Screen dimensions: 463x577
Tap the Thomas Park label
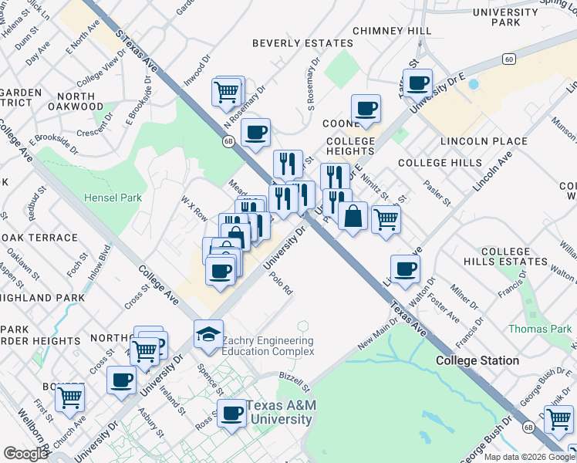[540, 330]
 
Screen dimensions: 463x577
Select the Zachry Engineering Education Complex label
[268, 346]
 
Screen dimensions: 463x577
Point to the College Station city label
[477, 360]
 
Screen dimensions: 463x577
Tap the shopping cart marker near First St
[70, 397]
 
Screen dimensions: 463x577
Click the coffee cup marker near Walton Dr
[405, 269]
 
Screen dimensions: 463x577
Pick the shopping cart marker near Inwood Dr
[227, 93]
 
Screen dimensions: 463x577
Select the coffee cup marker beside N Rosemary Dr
[255, 132]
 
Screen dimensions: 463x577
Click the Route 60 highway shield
[507, 59]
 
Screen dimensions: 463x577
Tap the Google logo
[25, 454]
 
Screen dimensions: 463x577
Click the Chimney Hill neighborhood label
[392, 30]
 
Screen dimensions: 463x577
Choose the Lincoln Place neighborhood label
[484, 142]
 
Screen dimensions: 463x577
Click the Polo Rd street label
[283, 286]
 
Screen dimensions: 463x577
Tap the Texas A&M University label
[278, 413]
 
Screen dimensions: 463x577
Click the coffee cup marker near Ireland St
[121, 380]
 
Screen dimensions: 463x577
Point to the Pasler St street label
[437, 193]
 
